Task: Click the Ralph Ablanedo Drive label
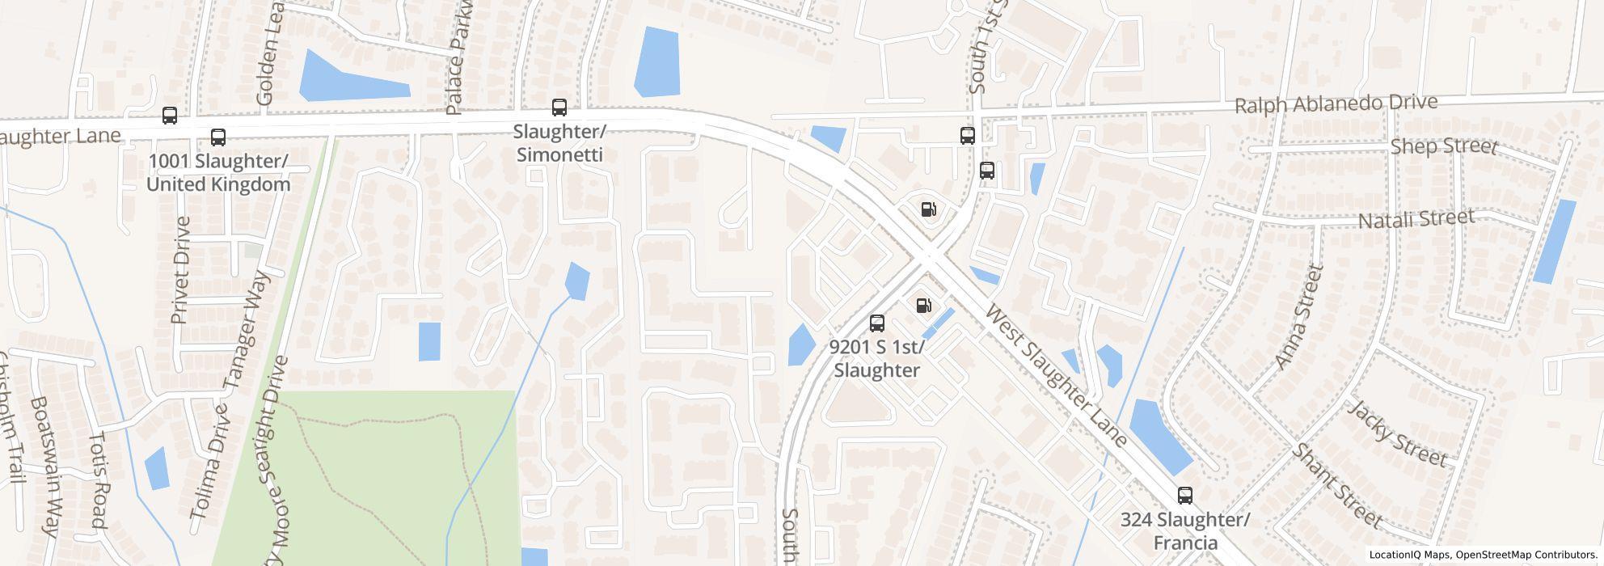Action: pyautogui.click(x=1336, y=104)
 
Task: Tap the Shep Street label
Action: pyautogui.click(x=1444, y=146)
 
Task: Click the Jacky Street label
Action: pyautogui.click(x=1396, y=433)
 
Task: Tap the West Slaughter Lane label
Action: pyautogui.click(x=1056, y=375)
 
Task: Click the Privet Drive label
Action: pyautogui.click(x=182, y=270)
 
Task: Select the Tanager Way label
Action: pyautogui.click(x=251, y=331)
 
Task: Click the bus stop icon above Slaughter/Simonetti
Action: pyautogui.click(x=559, y=108)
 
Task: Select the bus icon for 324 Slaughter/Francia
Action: pyautogui.click(x=1184, y=496)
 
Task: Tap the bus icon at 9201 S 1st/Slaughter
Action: pyautogui.click(x=876, y=323)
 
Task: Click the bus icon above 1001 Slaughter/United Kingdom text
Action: pyautogui.click(x=217, y=137)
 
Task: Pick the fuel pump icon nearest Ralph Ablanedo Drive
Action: pyautogui.click(x=928, y=209)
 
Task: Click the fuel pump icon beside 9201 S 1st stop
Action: pyautogui.click(x=923, y=306)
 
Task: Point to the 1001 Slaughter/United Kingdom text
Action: pyautogui.click(x=217, y=173)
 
